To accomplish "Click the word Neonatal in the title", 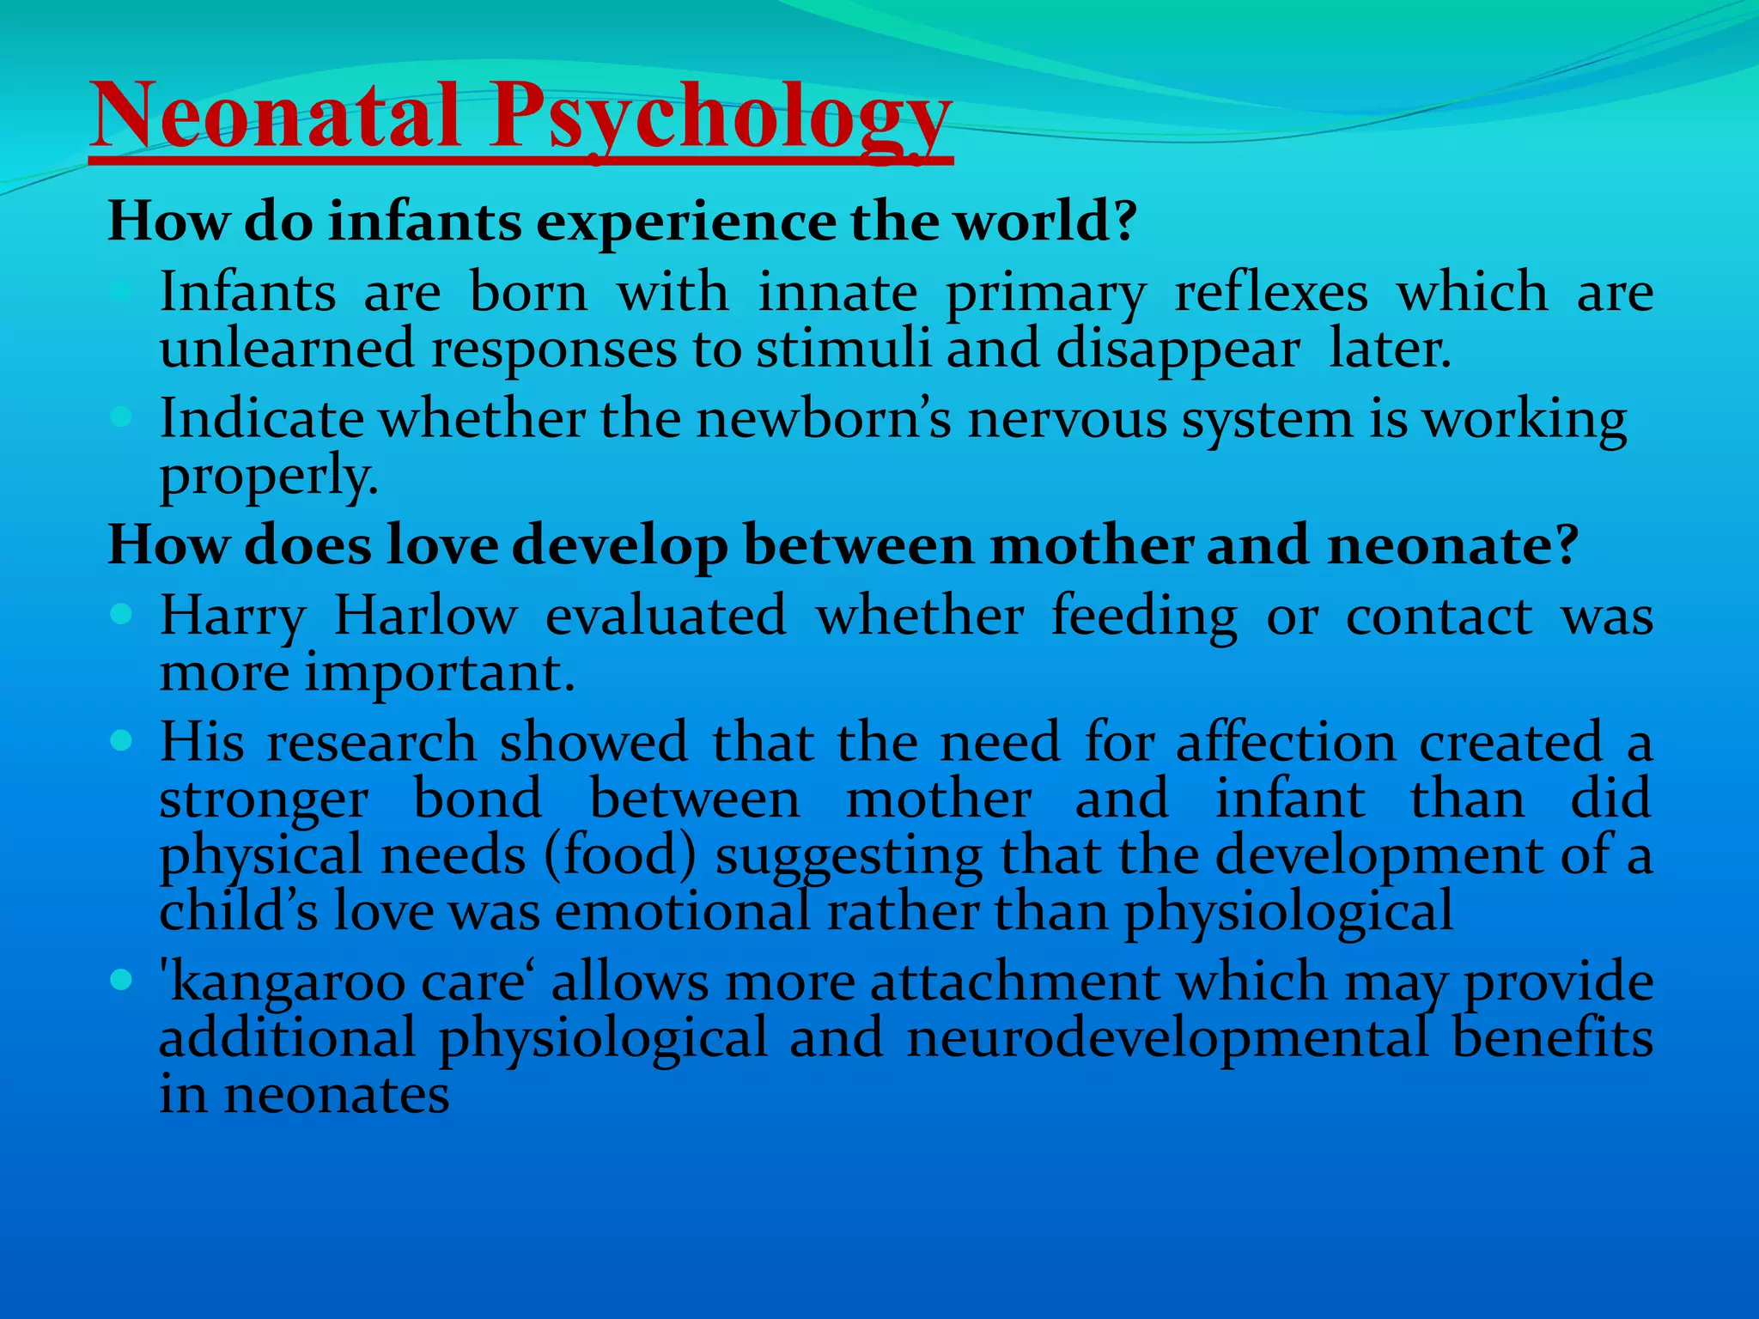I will click(x=275, y=116).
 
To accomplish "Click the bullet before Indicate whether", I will click(x=121, y=418).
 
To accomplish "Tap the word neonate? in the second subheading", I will click(x=1452, y=545).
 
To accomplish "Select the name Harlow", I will click(x=425, y=616).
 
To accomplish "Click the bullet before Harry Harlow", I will click(x=121, y=614).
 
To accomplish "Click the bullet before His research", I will click(x=121, y=740).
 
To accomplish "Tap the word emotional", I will click(x=683, y=911).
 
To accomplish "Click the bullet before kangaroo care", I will click(x=121, y=979).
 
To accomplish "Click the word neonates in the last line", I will click(x=336, y=1095).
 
